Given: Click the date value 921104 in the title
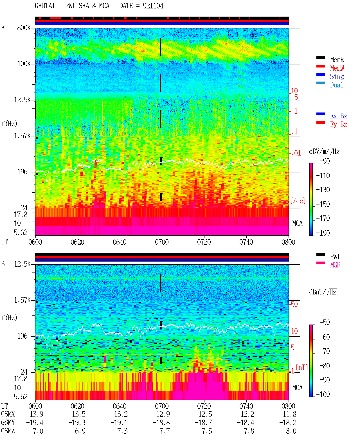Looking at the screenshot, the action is (153, 6).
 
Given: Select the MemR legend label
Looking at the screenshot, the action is (337, 60).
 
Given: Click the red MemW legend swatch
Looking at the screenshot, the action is (320, 66).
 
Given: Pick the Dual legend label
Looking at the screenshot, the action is (337, 85).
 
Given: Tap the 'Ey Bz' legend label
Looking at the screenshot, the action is (339, 125).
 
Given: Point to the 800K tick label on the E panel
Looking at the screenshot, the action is (24, 28).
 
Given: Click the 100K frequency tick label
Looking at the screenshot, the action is (24, 64).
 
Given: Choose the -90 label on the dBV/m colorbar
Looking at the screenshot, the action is (325, 161).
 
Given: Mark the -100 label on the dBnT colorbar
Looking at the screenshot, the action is (323, 394).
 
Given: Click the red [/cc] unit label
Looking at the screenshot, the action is (298, 201).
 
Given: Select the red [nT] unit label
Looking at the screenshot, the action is (302, 367).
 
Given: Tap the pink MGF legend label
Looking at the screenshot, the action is (335, 265).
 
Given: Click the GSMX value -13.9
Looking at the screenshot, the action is (35, 414).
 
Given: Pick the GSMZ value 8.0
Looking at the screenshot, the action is (291, 431).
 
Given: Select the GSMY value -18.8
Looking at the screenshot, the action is (161, 423).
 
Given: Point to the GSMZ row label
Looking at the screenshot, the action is (8, 431).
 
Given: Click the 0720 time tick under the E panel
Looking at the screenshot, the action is (204, 242).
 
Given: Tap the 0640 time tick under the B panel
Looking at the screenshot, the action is (120, 406).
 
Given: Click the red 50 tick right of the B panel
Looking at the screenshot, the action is (294, 305).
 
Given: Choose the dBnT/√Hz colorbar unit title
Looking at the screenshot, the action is (323, 292).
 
